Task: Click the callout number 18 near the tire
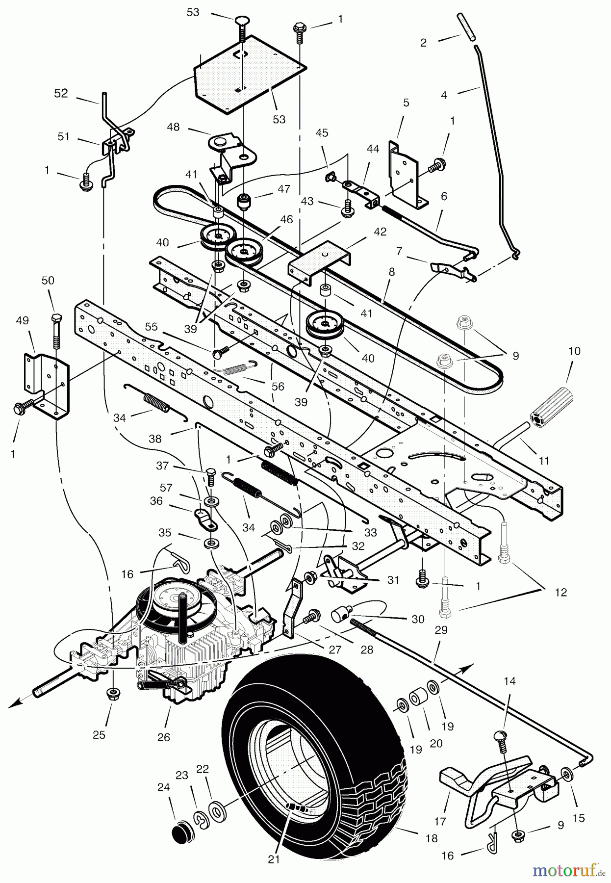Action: [x=432, y=839]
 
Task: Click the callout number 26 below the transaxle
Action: [x=164, y=737]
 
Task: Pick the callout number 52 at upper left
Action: [x=61, y=93]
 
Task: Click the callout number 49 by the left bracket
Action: [x=23, y=320]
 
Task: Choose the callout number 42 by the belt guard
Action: [x=380, y=232]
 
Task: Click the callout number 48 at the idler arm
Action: [x=173, y=127]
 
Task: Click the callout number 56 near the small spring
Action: [x=278, y=386]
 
